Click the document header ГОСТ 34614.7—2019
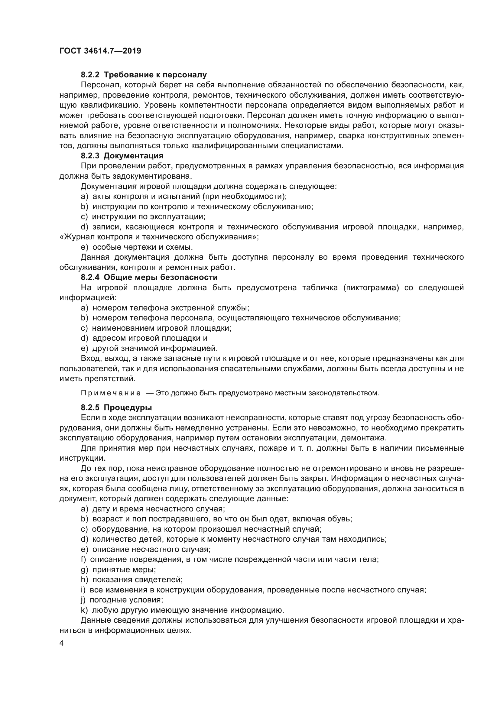coord(100,51)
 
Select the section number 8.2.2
coord(90,75)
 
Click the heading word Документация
coord(133,156)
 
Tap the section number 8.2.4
coord(90,277)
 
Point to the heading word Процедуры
coord(128,408)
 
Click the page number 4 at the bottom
coord(61,644)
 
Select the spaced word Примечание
coord(111,393)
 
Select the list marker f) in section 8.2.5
coord(83,559)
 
